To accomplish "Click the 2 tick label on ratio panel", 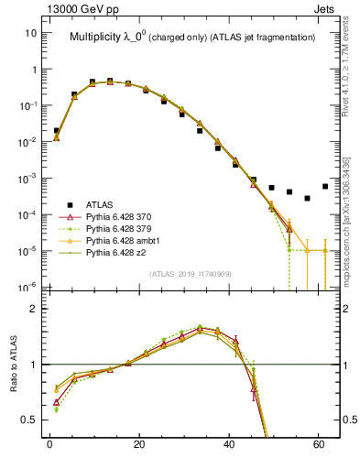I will click(x=33, y=309).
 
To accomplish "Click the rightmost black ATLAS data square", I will click(x=325, y=186).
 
